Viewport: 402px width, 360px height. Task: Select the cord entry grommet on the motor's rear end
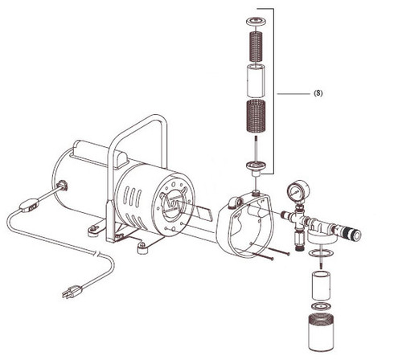coord(60,186)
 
